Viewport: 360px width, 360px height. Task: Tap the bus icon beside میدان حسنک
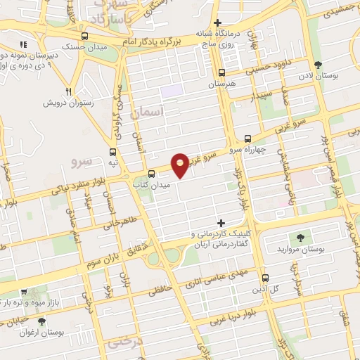point(84,37)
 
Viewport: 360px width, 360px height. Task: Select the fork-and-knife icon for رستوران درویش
point(69,91)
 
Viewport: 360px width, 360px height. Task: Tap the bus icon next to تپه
point(113,151)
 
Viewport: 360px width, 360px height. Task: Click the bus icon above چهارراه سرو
point(247,139)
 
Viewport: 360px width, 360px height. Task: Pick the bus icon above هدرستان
point(222,72)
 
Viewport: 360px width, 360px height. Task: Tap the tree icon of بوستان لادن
point(319,65)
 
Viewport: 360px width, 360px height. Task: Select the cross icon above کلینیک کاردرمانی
point(221,223)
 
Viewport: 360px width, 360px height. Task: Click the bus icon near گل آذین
point(265,278)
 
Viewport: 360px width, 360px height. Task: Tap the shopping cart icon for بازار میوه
point(24,291)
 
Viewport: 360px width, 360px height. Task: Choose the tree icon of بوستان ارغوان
point(41,321)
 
